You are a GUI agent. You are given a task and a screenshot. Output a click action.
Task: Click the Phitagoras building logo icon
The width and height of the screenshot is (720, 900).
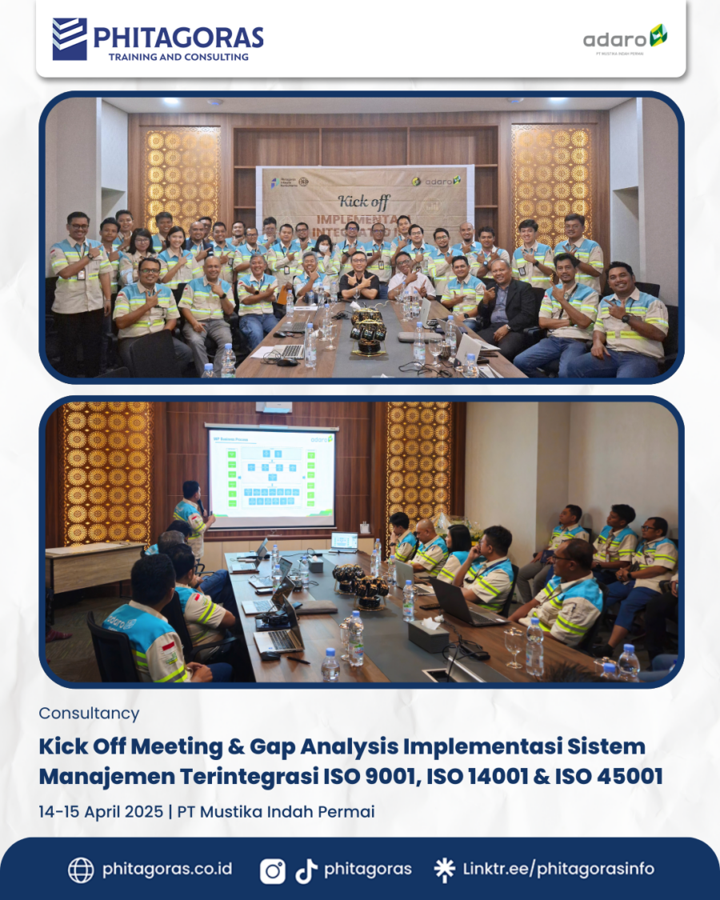(70, 39)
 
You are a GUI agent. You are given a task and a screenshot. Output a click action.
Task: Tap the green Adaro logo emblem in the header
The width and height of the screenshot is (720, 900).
(658, 35)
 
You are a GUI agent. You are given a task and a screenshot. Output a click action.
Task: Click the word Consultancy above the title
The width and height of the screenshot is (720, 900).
(89, 713)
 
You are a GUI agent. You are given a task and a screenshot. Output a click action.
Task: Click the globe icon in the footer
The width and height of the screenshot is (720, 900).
(81, 870)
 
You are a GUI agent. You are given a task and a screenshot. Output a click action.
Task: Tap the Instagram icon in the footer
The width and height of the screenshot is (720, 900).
(272, 870)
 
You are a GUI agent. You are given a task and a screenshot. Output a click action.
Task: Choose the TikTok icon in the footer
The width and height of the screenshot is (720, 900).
(306, 870)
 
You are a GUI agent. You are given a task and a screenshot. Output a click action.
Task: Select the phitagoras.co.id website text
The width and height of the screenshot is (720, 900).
(167, 869)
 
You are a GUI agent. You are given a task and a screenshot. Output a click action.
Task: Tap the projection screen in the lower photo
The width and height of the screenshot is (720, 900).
(271, 477)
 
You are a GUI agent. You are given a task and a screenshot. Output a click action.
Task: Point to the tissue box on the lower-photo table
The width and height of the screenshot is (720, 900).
(428, 636)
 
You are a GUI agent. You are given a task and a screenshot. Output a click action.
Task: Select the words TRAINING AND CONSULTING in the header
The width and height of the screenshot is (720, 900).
(178, 57)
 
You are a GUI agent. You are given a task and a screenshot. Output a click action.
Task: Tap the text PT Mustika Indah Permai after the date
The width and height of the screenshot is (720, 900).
(276, 811)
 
